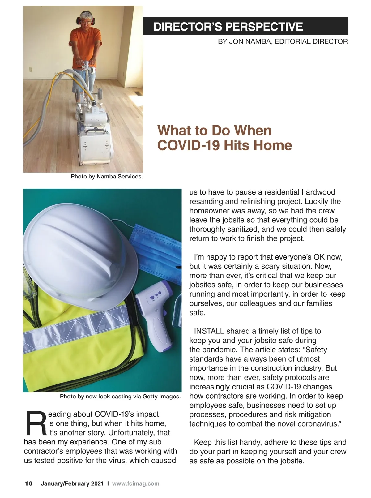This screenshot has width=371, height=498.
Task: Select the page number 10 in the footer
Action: [x=29, y=483]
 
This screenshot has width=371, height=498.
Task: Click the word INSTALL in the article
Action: [x=209, y=331]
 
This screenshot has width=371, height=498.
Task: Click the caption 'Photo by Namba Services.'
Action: [x=107, y=177]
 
